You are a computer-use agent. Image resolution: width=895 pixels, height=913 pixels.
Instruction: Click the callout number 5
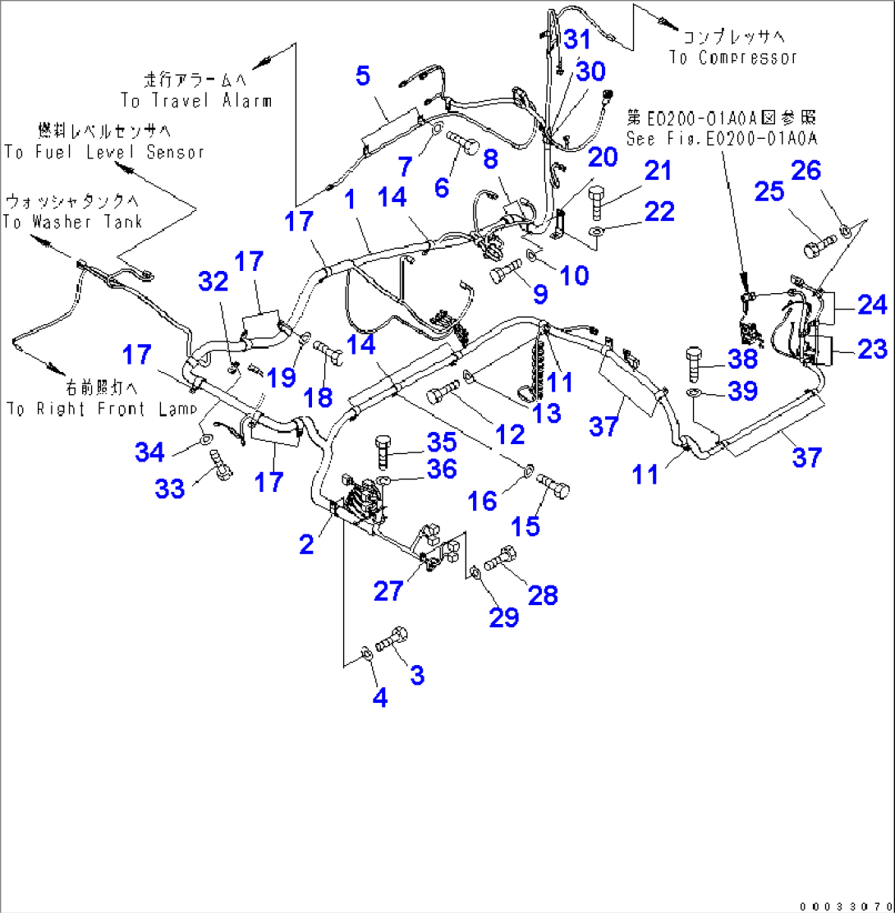pos(362,76)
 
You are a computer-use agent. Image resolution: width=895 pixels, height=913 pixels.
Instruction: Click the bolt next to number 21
pos(599,201)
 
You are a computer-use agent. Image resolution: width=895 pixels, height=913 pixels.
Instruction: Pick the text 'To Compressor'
pos(733,57)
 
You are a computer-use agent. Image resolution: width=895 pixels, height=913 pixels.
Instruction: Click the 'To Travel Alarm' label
pos(196,100)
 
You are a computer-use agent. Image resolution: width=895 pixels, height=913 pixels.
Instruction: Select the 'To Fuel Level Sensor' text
pos(103,152)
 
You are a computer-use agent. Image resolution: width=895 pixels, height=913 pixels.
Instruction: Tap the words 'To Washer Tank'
pos(73,222)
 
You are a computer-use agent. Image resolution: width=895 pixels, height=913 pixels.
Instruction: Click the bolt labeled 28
pos(499,561)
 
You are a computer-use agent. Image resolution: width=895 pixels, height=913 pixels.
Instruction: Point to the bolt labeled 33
pos(221,465)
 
